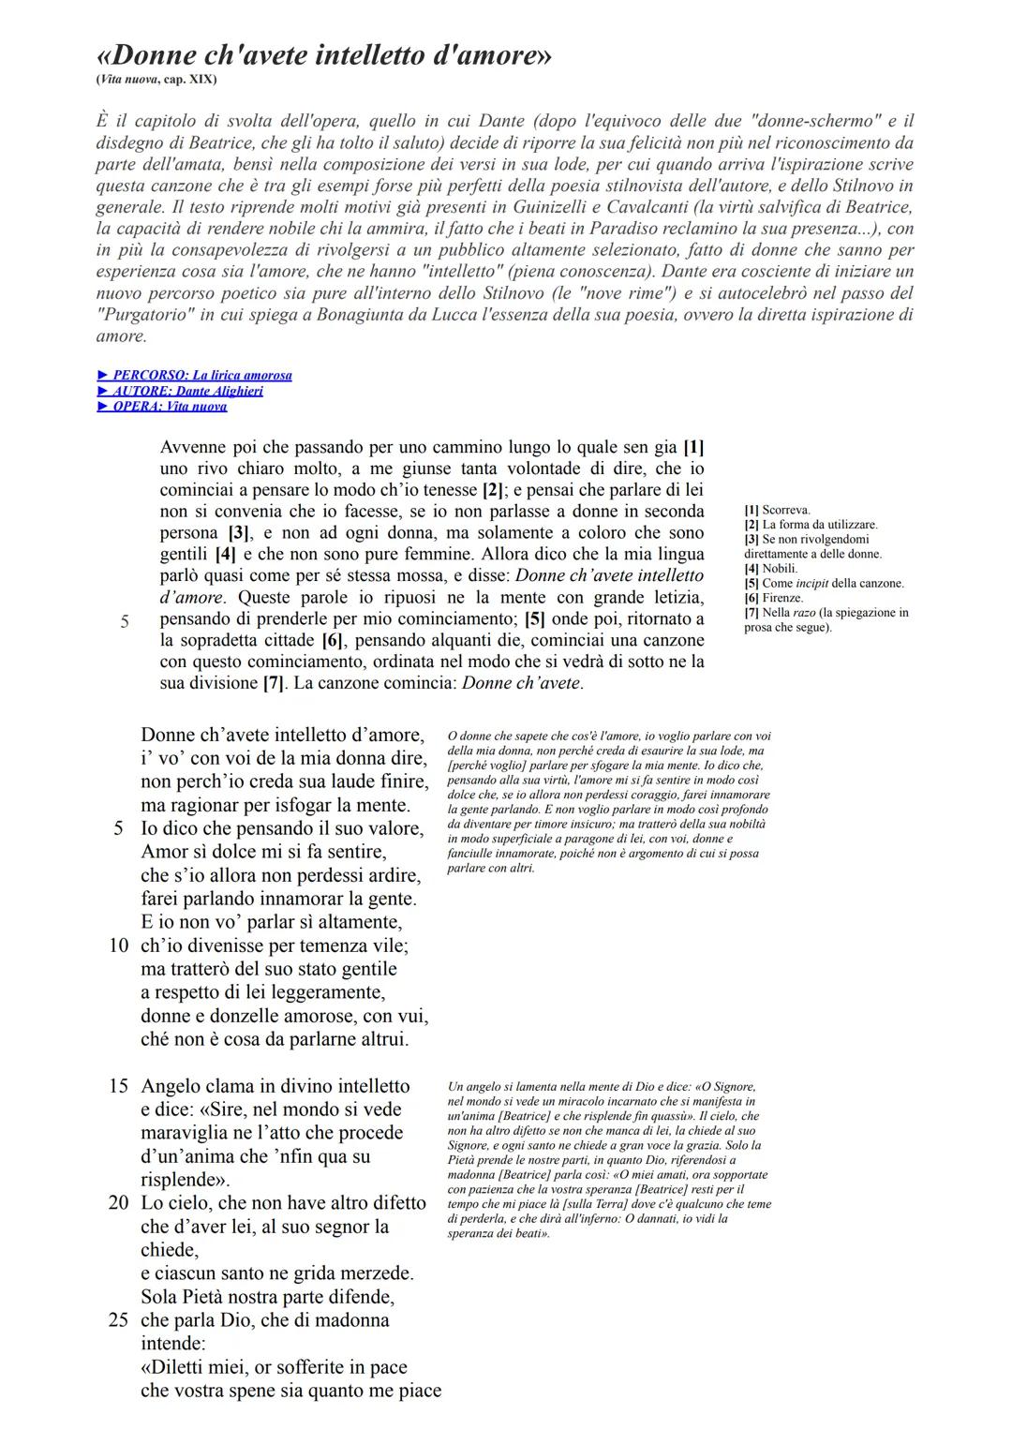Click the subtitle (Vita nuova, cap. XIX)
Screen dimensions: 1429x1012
156,80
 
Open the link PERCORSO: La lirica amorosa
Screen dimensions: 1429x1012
195,375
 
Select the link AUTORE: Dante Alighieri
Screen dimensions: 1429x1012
180,391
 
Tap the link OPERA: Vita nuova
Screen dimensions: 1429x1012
162,406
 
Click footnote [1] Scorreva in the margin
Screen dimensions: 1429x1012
777,510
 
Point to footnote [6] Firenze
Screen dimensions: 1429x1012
773,598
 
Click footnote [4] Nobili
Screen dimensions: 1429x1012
771,569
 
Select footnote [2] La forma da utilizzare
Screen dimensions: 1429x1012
811,525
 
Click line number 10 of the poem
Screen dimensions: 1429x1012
118,945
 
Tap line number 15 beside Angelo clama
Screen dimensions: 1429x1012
118,1086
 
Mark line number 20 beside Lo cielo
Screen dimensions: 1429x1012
118,1202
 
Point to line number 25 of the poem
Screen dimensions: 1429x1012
118,1319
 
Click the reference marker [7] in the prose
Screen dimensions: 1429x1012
273,683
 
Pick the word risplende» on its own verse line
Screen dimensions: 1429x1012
186,1180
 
